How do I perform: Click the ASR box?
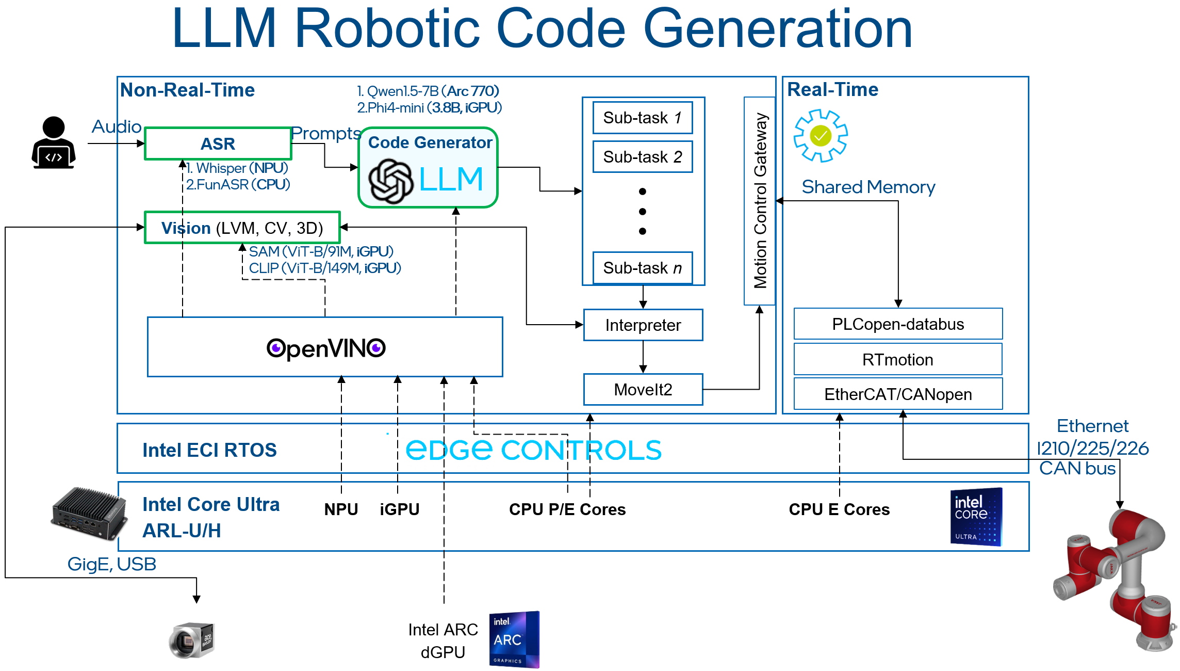click(x=218, y=143)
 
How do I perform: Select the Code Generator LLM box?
click(x=428, y=168)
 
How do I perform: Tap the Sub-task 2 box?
click(x=642, y=156)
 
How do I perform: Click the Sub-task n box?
click(x=642, y=268)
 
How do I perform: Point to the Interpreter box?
click(x=643, y=325)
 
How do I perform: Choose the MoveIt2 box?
click(x=643, y=389)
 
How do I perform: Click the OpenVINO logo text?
click(x=325, y=348)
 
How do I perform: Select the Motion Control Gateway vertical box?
click(x=760, y=201)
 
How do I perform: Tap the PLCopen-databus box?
click(x=897, y=324)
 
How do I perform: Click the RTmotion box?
click(x=897, y=359)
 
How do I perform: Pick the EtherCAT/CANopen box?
click(x=897, y=394)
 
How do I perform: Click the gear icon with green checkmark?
click(x=820, y=136)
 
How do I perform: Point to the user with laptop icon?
click(x=54, y=143)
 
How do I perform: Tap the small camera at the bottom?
click(x=191, y=640)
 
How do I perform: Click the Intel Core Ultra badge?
click(x=976, y=517)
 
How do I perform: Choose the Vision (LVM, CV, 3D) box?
click(x=242, y=228)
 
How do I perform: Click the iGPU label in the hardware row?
click(x=399, y=509)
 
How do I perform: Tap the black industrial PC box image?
click(x=89, y=514)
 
